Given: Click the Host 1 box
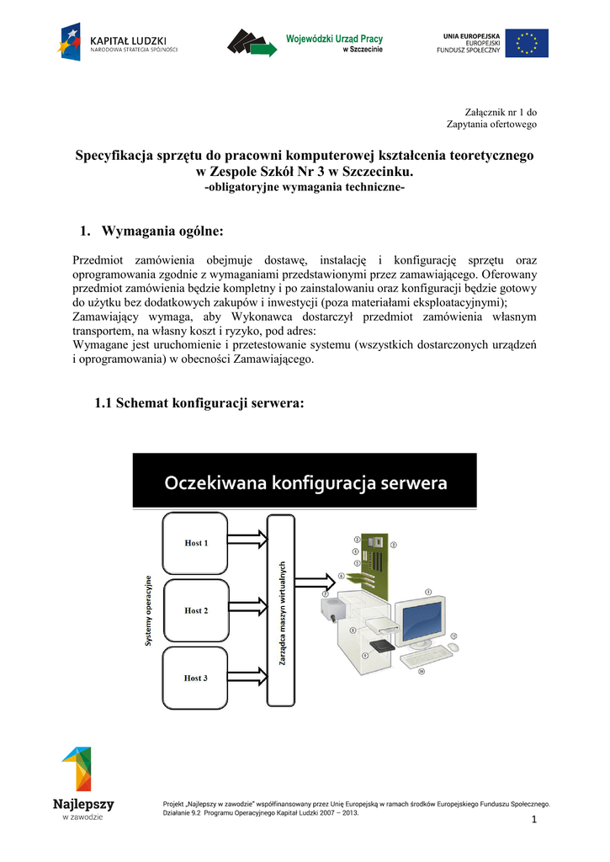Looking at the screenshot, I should pyautogui.click(x=197, y=543).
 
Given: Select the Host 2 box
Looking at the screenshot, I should pyautogui.click(x=197, y=610).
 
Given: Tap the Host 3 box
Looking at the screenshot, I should pyautogui.click(x=197, y=678).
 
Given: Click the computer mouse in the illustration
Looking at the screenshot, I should pyautogui.click(x=454, y=647).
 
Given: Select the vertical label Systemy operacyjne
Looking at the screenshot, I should pyautogui.click(x=149, y=610).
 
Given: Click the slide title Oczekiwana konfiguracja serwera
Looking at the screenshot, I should pyautogui.click(x=305, y=484).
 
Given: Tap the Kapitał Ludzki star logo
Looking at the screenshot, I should pyautogui.click(x=70, y=42).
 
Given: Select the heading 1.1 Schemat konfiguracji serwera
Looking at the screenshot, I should pyautogui.click(x=199, y=404).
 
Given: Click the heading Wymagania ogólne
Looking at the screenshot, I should pyautogui.click(x=162, y=231).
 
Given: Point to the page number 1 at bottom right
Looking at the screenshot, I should pyautogui.click(x=533, y=821).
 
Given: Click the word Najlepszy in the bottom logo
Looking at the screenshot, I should pyautogui.click(x=82, y=804).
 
